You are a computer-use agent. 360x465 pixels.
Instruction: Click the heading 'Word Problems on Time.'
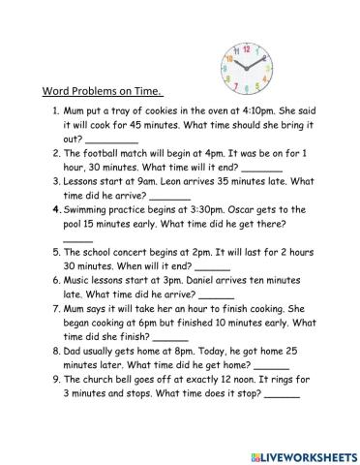tap(102, 92)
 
